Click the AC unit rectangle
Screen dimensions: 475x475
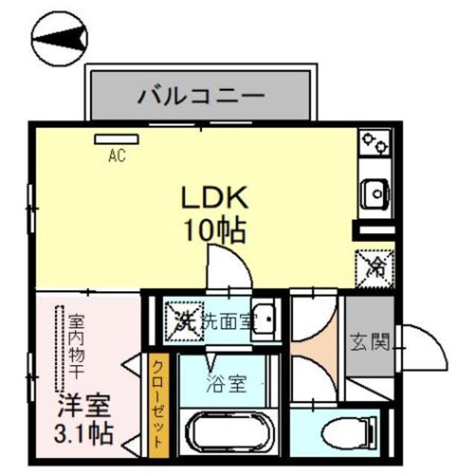(117, 139)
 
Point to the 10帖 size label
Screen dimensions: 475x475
(215, 232)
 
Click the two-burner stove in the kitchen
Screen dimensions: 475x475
(374, 144)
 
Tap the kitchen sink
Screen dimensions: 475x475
(374, 194)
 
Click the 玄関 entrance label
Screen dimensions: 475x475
(370, 344)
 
